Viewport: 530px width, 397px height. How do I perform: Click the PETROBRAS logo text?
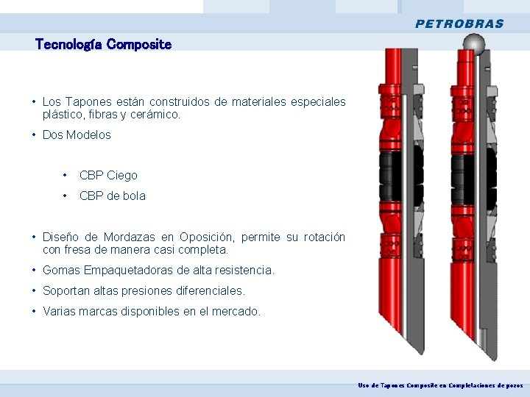pyautogui.click(x=459, y=24)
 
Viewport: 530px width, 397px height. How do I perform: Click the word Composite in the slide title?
pyautogui.click(x=138, y=45)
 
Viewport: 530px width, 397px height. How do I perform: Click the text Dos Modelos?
pyautogui.click(x=77, y=135)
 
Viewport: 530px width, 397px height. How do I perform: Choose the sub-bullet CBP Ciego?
pyautogui.click(x=107, y=176)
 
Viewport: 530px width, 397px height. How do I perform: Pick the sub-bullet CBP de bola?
pyautogui.click(x=112, y=196)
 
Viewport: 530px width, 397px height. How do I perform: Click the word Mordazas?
pyautogui.click(x=129, y=237)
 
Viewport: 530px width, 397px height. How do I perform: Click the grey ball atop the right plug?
pyautogui.click(x=469, y=46)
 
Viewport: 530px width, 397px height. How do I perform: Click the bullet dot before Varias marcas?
pyautogui.click(x=35, y=312)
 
